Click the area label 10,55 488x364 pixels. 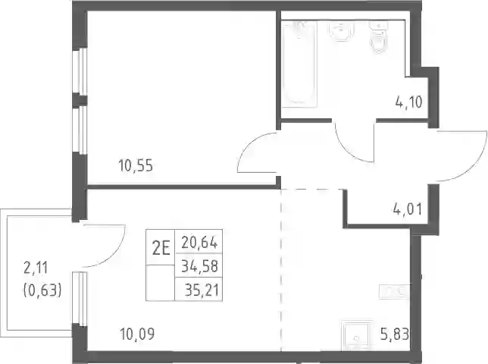tap(136, 165)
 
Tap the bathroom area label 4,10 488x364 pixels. tap(408, 102)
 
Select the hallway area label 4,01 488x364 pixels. tap(408, 209)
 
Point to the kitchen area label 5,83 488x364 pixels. tap(394, 335)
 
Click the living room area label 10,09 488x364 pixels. tap(137, 334)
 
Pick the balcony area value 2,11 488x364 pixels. tap(36, 268)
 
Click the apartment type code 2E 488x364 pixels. tap(161, 249)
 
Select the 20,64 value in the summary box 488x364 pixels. tap(199, 243)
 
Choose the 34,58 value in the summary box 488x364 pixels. tap(199, 266)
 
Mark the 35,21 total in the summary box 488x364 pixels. tap(202, 290)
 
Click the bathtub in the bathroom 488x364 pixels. tap(299, 64)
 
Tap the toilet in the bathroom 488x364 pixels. tap(378, 36)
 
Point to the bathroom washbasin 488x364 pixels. tap(342, 31)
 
